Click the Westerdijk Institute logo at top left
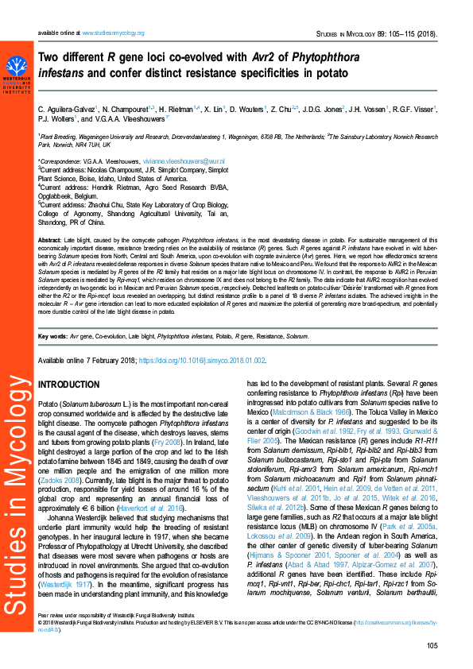pyautogui.click(x=17, y=74)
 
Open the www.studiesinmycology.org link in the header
pyautogui.click(x=112, y=33)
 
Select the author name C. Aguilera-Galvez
pyautogui.click(x=67, y=108)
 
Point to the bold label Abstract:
pyautogui.click(x=49, y=239)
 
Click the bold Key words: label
pyautogui.click(x=53, y=337)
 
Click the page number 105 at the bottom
pyautogui.click(x=432, y=645)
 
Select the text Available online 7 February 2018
pyautogui.click(x=87, y=360)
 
